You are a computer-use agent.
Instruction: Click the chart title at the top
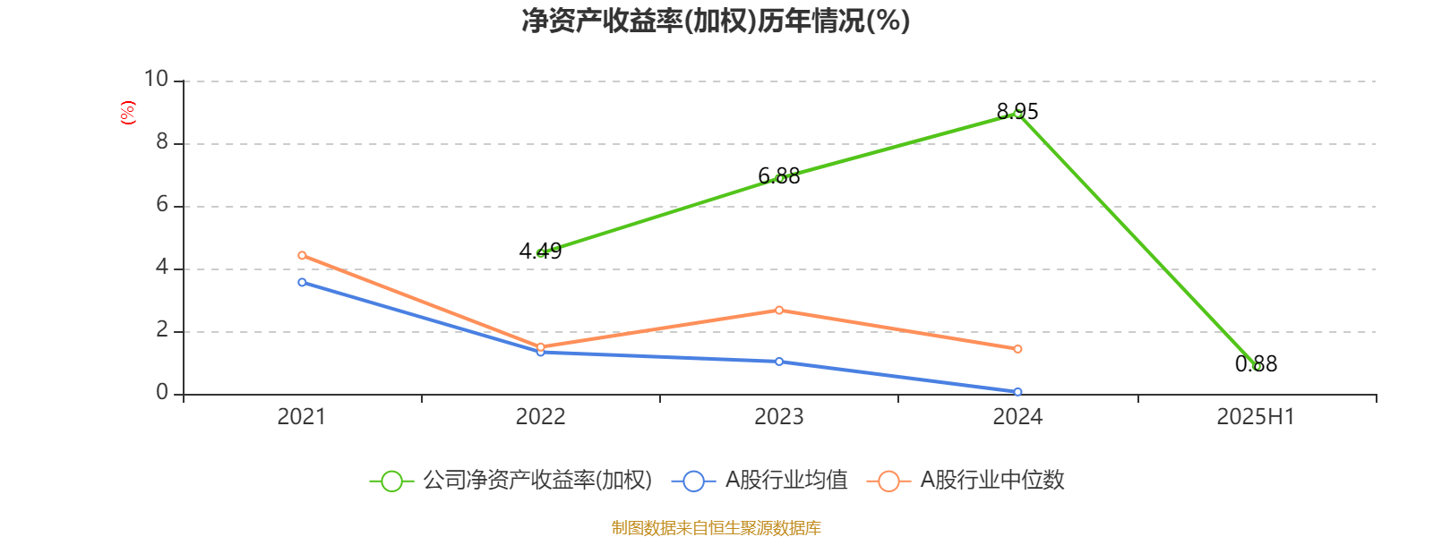[716, 21]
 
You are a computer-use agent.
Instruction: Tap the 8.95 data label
[1017, 112]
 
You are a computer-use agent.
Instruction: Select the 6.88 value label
[779, 176]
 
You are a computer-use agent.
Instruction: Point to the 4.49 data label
[540, 251]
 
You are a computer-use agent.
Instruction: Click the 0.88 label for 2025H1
[1256, 364]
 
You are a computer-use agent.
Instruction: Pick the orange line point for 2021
[302, 255]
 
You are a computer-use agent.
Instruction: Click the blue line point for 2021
[302, 283]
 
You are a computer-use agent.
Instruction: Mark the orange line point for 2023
[779, 310]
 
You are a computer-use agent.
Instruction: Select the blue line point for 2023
[779, 362]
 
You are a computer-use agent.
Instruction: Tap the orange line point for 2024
[1017, 349]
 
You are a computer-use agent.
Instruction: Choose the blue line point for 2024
[1017, 392]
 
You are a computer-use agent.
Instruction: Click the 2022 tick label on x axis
[540, 417]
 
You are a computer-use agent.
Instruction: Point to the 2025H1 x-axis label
[1256, 417]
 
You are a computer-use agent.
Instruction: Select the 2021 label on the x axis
[302, 417]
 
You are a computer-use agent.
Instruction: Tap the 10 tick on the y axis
[156, 80]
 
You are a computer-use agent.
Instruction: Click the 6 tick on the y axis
[162, 205]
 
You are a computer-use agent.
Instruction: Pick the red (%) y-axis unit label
[128, 112]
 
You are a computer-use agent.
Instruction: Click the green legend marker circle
[391, 481]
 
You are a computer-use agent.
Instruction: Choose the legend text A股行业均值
[785, 481]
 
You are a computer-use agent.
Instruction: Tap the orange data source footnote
[716, 528]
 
